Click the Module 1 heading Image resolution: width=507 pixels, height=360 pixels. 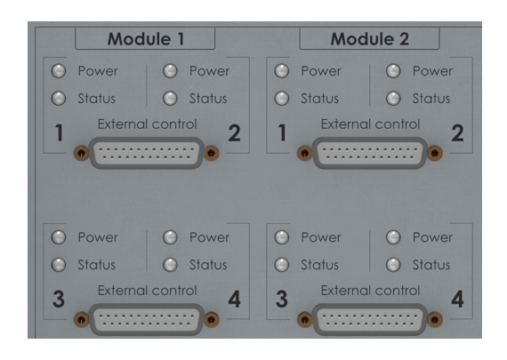[x=146, y=39]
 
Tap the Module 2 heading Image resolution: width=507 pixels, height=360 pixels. [x=370, y=39]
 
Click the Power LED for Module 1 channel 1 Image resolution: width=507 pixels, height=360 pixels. [x=59, y=71]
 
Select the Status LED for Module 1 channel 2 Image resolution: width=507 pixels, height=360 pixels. [x=170, y=99]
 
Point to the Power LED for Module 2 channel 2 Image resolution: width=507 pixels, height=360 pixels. [x=393, y=71]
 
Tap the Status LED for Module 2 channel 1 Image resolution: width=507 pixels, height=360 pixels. [x=282, y=99]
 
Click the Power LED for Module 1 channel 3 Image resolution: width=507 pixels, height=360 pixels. [x=59, y=237]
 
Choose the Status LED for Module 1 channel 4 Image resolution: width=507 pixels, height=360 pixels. [x=170, y=265]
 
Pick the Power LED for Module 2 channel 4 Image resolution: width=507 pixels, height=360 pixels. [x=393, y=237]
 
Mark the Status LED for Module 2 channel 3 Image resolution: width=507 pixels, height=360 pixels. [x=282, y=265]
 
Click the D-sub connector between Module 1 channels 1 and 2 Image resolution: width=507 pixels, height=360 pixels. [x=147, y=153]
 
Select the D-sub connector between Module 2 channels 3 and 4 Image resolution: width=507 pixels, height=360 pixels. [x=370, y=319]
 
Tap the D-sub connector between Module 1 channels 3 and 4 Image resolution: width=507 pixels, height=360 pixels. [x=147, y=319]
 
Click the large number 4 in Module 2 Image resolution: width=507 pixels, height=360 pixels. [x=457, y=299]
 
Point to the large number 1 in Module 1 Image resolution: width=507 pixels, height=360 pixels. [x=59, y=132]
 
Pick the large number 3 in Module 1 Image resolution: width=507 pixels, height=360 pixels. [x=59, y=299]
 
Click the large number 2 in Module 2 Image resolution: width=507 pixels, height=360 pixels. [x=457, y=132]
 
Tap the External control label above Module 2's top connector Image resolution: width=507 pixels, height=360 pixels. [x=370, y=124]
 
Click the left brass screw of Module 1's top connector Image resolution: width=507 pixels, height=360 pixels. [x=81, y=153]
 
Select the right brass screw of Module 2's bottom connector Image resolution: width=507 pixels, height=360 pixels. [x=435, y=320]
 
